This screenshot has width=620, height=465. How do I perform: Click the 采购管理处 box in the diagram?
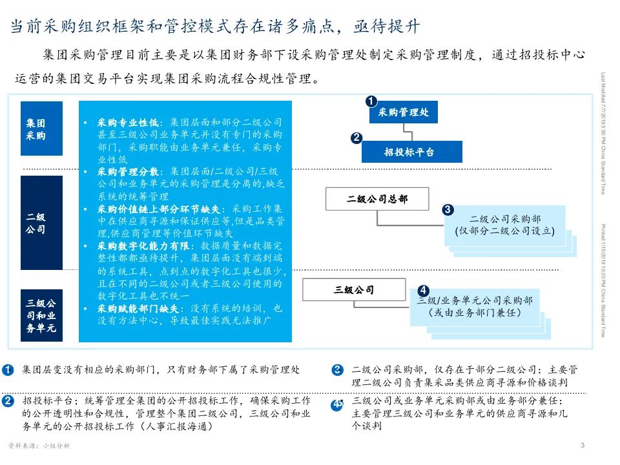[x=403, y=112]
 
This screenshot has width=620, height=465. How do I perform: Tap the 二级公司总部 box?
[x=377, y=199]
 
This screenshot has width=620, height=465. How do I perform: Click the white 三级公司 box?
[x=353, y=290]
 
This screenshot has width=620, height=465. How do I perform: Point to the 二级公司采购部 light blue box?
[x=505, y=224]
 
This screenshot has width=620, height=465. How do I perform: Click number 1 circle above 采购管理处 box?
[x=371, y=101]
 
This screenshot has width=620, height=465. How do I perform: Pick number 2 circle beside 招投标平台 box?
[x=356, y=138]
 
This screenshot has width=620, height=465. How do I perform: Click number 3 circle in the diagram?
[x=448, y=209]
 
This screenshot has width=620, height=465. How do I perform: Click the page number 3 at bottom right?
[x=583, y=445]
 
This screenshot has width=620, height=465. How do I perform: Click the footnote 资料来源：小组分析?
[x=39, y=446]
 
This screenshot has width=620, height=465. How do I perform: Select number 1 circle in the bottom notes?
[x=8, y=370]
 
